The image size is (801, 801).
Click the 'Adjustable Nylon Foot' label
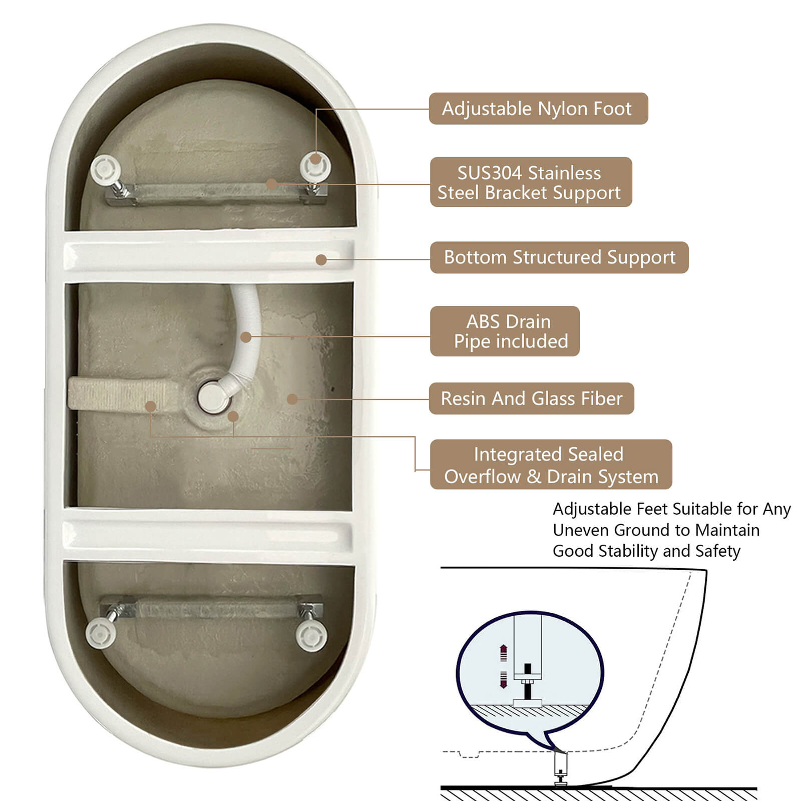[x=538, y=109]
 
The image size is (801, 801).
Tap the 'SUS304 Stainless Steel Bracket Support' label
[x=531, y=182]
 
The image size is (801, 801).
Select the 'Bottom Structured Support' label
[x=559, y=257]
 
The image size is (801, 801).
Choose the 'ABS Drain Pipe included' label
[x=505, y=331]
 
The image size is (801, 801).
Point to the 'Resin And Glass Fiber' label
[x=531, y=398]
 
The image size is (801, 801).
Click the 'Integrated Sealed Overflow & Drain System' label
[x=551, y=465]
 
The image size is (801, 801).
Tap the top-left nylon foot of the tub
[x=106, y=169]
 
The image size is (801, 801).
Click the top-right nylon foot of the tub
[x=315, y=166]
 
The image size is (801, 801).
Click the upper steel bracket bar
[x=216, y=193]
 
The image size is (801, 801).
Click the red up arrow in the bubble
[x=504, y=653]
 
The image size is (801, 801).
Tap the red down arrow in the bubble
[x=504, y=679]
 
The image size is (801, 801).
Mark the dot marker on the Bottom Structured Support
[x=321, y=260]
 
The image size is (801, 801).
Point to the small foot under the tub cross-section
[x=561, y=769]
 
